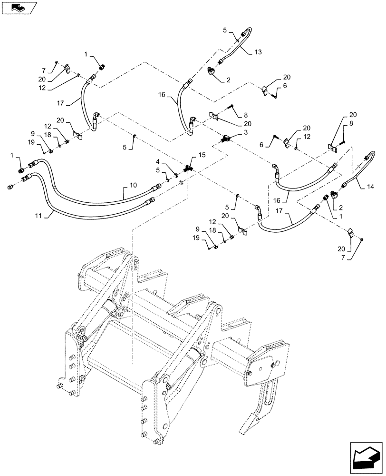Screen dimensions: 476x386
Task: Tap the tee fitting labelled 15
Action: coord(189,168)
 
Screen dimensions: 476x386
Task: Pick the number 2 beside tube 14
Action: coord(341,208)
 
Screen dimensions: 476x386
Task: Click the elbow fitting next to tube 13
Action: coord(212,71)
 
